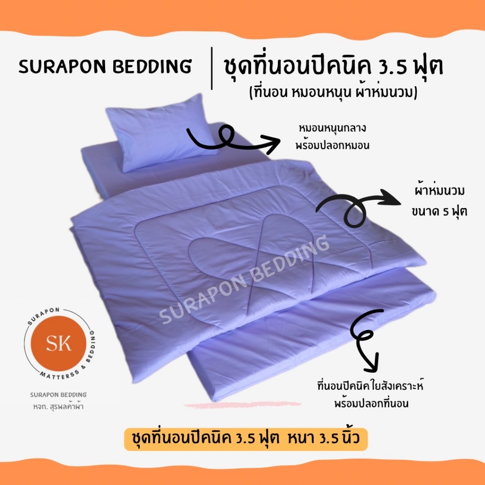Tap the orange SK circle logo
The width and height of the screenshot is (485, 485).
(58, 343)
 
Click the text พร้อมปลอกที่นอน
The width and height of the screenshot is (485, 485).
(371, 404)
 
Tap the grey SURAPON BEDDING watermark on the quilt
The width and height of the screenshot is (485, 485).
(244, 279)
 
